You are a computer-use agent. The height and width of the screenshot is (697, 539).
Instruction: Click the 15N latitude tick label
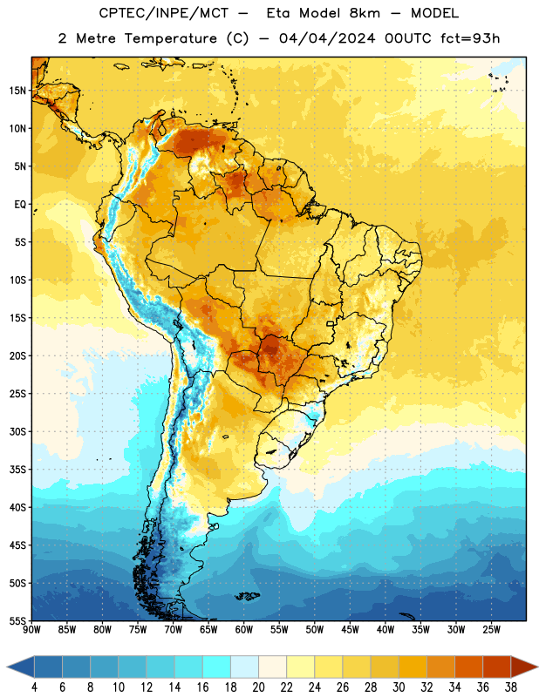17,91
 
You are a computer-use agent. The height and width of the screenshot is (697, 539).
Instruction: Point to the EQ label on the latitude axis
20,205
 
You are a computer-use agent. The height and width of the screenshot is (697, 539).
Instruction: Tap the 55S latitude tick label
17,620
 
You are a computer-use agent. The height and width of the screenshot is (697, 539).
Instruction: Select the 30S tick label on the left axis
17,431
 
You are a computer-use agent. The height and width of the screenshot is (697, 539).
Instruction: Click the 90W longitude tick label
31,630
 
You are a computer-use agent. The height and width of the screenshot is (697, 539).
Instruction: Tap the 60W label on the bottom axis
244,630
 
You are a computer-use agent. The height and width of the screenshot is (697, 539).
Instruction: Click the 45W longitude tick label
350,630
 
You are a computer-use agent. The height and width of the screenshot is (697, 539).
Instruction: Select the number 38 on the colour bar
511,687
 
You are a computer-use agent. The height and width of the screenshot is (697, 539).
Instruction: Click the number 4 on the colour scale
34,687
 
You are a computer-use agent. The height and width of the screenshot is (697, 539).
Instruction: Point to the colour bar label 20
258,687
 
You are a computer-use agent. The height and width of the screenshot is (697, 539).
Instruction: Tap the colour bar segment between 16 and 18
217,667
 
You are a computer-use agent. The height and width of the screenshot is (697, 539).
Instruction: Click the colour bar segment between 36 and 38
497,667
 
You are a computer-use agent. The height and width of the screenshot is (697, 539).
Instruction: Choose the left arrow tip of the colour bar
7,667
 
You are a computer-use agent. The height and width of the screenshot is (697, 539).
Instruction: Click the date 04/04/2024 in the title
327,38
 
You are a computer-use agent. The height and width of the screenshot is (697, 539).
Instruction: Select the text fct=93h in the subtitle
470,38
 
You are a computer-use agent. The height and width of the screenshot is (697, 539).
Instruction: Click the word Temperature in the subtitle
170,39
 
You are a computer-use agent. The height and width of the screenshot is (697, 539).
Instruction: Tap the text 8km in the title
365,14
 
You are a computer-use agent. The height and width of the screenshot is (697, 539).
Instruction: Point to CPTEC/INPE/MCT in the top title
164,14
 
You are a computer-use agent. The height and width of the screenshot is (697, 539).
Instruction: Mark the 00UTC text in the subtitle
408,38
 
